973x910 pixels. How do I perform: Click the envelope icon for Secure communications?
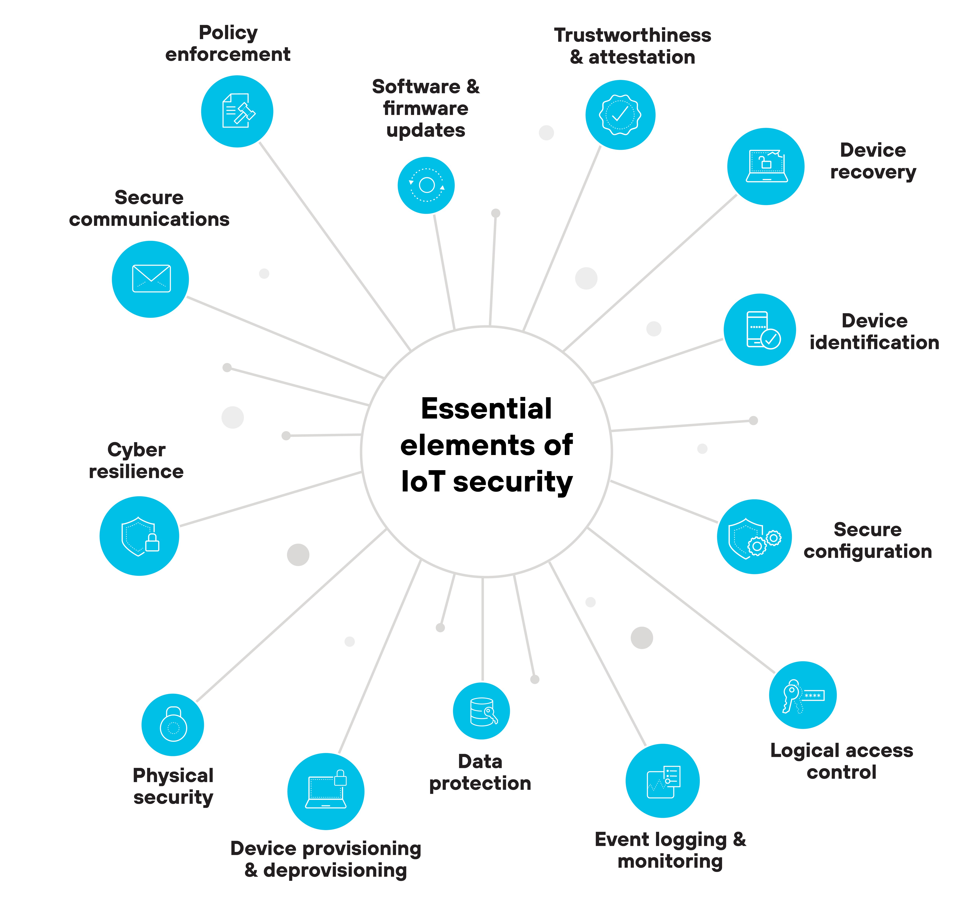151,279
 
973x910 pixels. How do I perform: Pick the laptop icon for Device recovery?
766,166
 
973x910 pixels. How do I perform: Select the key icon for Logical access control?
803,695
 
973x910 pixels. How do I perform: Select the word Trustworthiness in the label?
632,35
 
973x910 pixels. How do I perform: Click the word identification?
874,343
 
